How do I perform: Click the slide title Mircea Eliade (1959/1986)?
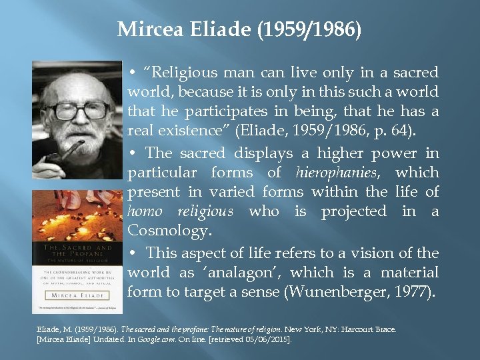pos(239,30)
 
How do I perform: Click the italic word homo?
pos(145,211)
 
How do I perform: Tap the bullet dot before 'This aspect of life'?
pos(134,253)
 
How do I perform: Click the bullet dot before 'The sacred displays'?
pos(134,153)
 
